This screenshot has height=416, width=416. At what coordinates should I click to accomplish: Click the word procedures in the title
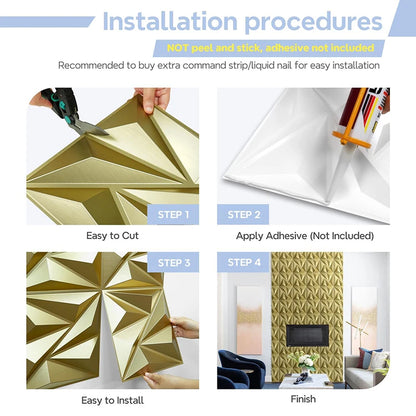pyautogui.click(x=311, y=22)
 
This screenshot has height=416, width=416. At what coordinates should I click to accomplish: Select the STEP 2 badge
pyautogui.click(x=245, y=213)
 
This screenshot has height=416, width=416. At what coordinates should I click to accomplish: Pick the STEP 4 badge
pyautogui.click(x=245, y=263)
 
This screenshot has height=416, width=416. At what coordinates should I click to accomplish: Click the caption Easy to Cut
pyautogui.click(x=113, y=236)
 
